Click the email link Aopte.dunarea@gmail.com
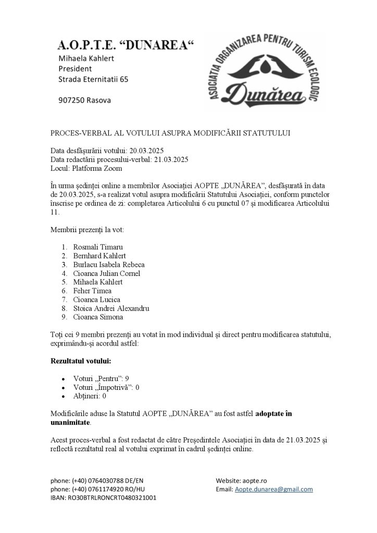pos(274,489)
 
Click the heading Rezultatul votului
pos(80,360)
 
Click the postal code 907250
pos(72,99)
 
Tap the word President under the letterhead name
pos(75,68)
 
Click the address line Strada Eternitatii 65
pos(93,79)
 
